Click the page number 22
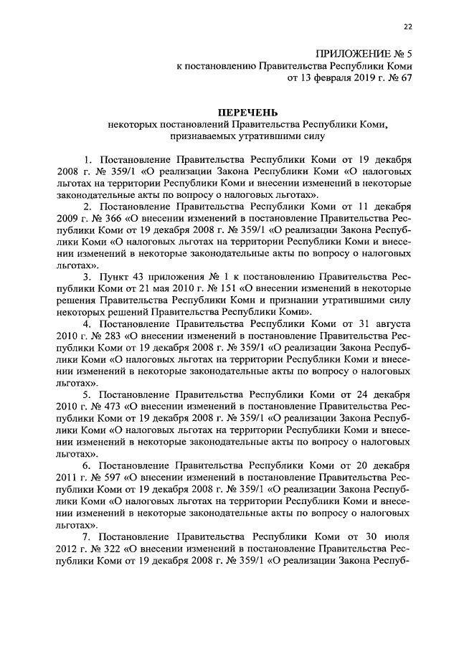pyautogui.click(x=408, y=27)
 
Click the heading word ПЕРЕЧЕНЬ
pyautogui.click(x=247, y=113)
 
